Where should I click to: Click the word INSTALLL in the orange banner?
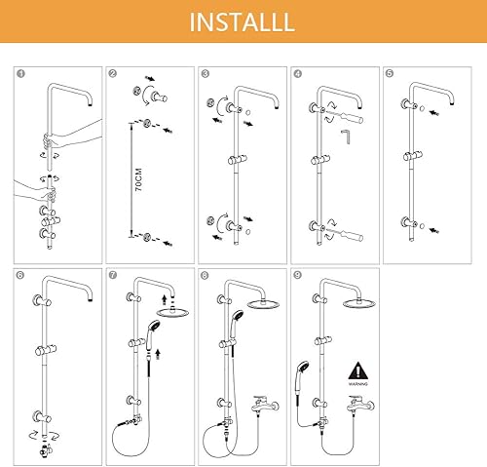[243, 22]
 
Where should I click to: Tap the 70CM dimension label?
[138, 179]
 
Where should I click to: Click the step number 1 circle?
[20, 74]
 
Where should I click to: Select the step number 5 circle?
[390, 74]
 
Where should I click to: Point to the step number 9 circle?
[297, 275]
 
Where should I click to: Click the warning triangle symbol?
[358, 370]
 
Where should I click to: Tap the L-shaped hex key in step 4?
[346, 136]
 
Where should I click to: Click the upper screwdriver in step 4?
[348, 117]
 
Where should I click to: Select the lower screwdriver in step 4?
[348, 234]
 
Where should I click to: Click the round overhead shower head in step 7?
[172, 313]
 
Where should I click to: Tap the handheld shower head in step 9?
[301, 377]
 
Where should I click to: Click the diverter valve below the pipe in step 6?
[45, 450]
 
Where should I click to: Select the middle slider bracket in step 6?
[46, 350]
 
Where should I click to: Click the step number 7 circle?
[113, 275]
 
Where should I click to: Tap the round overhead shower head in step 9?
[359, 303]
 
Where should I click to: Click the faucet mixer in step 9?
[359, 405]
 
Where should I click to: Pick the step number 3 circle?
[206, 74]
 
